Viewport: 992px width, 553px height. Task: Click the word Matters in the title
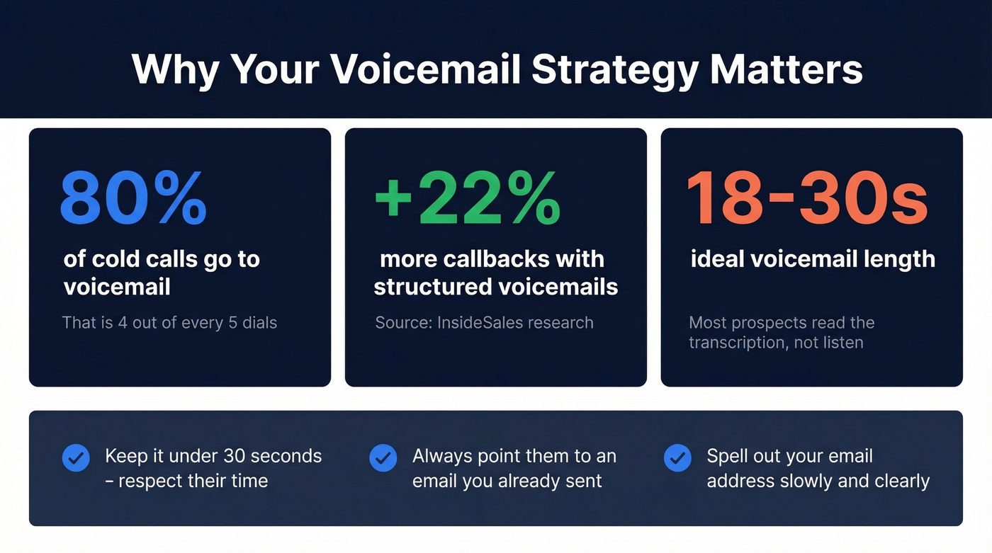coord(787,69)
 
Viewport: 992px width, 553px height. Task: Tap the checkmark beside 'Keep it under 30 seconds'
coord(76,458)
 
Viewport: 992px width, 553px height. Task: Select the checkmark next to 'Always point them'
coord(383,458)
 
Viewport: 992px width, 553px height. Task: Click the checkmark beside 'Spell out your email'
coord(677,458)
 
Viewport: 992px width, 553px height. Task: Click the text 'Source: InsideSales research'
coord(484,323)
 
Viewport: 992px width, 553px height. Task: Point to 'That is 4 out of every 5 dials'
coord(169,323)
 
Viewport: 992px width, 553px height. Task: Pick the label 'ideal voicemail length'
coord(813,259)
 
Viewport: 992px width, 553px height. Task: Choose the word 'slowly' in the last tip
coord(825,481)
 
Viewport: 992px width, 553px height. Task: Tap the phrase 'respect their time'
coord(193,481)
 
